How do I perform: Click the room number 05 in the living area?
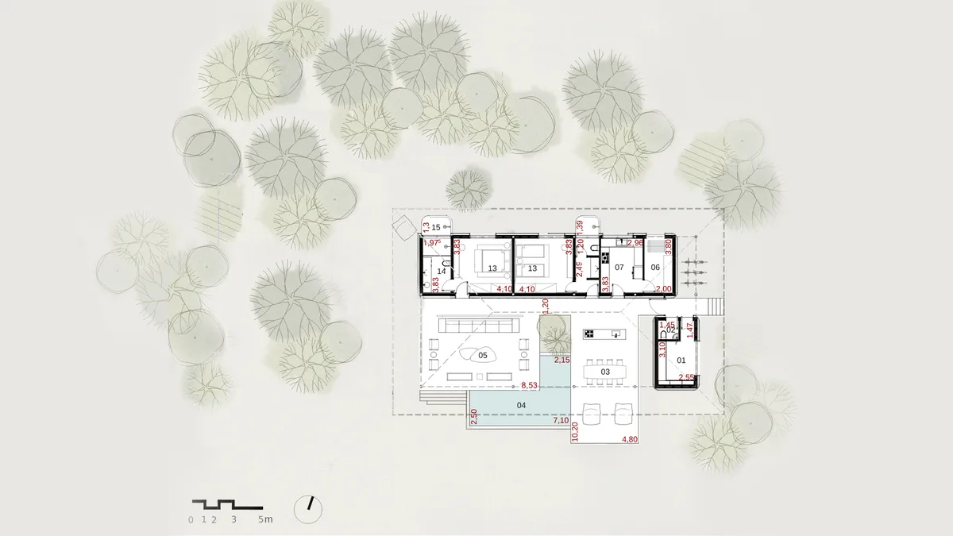(x=482, y=356)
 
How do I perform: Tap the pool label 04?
(x=521, y=406)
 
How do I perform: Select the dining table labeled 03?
(x=604, y=371)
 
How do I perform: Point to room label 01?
(x=681, y=361)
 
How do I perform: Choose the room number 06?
(x=655, y=268)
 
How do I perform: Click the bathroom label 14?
(x=442, y=272)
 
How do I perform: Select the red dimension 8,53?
(x=529, y=386)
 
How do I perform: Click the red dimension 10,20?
(x=575, y=431)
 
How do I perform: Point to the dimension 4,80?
(x=629, y=439)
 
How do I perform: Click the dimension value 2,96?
(x=635, y=242)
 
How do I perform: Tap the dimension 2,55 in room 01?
(x=685, y=377)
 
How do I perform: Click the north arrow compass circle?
(x=308, y=509)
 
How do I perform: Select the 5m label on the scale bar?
(x=264, y=520)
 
